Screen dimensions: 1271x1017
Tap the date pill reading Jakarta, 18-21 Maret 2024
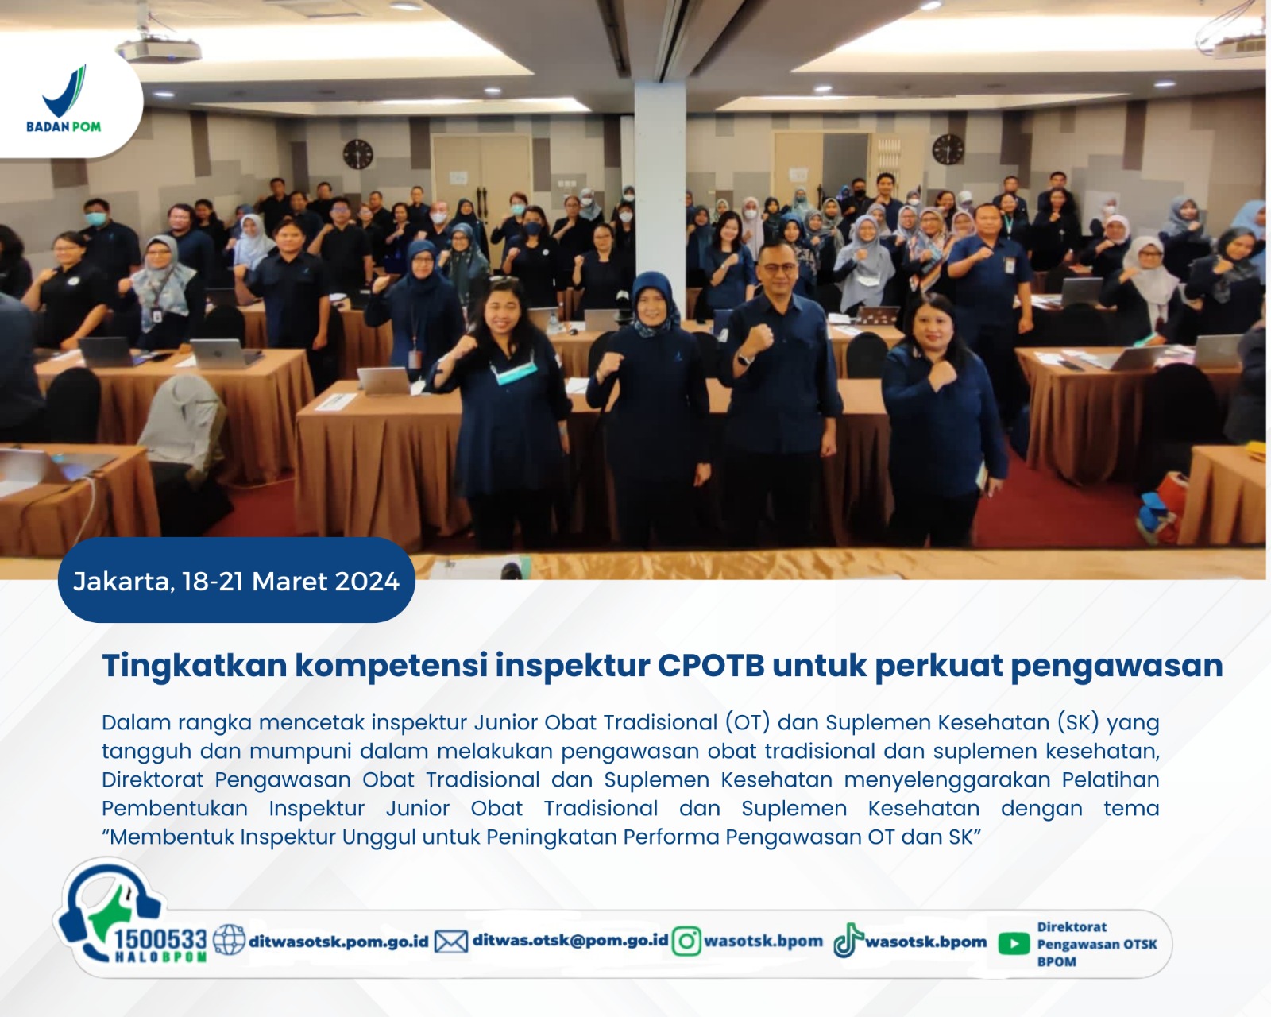point(236,580)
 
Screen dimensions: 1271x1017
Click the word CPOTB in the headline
point(711,665)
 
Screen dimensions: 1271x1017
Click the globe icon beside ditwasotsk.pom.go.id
point(229,940)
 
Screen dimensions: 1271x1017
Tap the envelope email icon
point(451,942)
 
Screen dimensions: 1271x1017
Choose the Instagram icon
point(686,941)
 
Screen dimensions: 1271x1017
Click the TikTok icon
point(848,940)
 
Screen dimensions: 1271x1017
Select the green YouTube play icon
point(1014,943)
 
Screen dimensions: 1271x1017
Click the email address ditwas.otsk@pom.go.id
point(570,940)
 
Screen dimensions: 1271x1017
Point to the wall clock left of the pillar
point(358,154)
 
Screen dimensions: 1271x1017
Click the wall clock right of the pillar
point(948,149)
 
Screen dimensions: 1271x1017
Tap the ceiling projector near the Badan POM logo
point(158,49)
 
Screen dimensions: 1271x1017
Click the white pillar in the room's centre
point(659,195)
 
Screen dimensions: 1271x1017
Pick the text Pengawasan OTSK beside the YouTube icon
point(1097,945)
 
